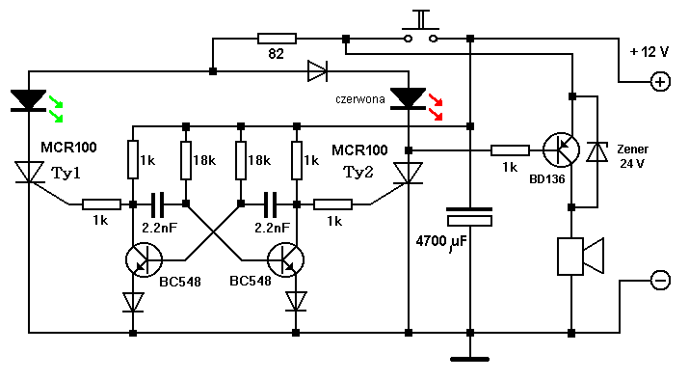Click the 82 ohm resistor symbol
point(277,39)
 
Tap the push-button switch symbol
point(421,27)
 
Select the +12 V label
point(649,52)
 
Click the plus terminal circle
point(660,82)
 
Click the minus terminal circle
point(660,280)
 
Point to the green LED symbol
point(29,100)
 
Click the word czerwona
point(360,99)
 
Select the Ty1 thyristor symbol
point(30,172)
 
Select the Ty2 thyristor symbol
point(409,173)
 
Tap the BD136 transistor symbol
point(561,150)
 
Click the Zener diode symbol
point(597,152)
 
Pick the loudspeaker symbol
point(580,257)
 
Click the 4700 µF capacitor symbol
point(469,217)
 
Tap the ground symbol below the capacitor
point(469,360)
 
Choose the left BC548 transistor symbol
point(144,259)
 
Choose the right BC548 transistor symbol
point(285,259)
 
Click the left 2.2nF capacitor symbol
point(157,204)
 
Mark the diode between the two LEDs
point(317,71)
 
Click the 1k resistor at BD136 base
point(510,150)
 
